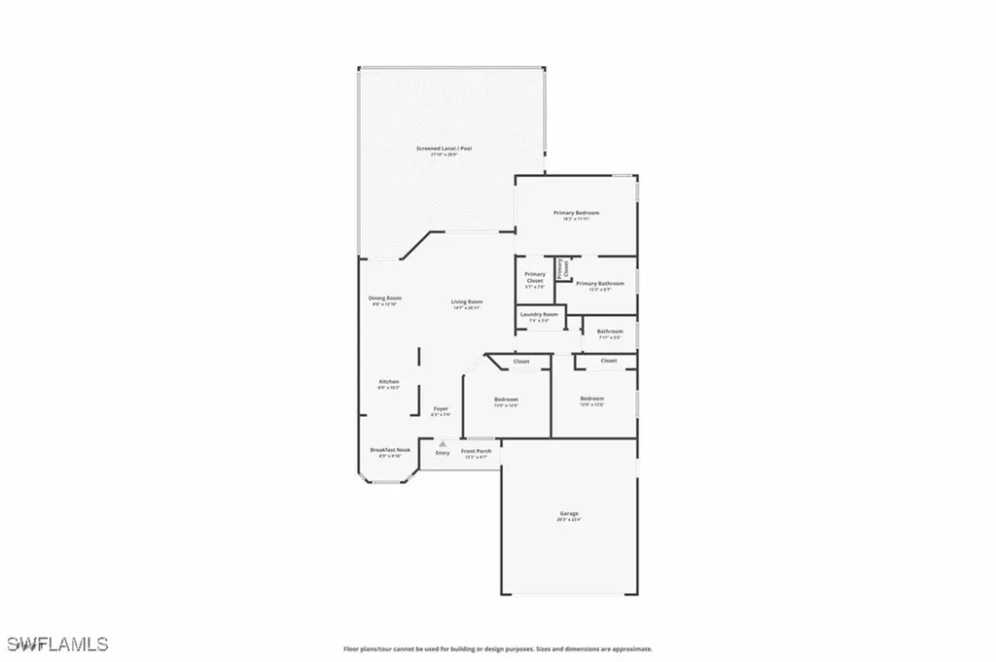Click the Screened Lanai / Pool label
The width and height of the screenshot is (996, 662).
(444, 148)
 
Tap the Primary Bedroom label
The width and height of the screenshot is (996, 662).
(576, 213)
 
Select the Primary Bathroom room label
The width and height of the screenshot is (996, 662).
(599, 283)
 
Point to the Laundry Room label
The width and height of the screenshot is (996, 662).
(539, 314)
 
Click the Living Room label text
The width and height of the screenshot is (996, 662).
(467, 301)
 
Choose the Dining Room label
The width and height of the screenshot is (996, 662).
(385, 297)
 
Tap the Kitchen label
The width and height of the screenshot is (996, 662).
(389, 381)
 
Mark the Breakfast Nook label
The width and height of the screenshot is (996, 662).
(390, 449)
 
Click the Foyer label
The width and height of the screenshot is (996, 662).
(441, 409)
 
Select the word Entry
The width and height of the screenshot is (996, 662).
(443, 453)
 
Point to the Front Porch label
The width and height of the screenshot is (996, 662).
(476, 451)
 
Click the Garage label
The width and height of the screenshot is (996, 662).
(569, 513)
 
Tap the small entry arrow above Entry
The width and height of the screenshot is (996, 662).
(443, 443)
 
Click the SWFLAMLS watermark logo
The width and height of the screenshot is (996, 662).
(57, 644)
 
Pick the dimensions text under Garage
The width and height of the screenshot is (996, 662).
(569, 519)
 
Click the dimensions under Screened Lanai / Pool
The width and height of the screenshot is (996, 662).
(444, 154)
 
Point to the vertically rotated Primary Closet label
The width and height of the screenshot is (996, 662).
(560, 268)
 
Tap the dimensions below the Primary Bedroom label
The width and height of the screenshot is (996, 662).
(576, 219)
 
